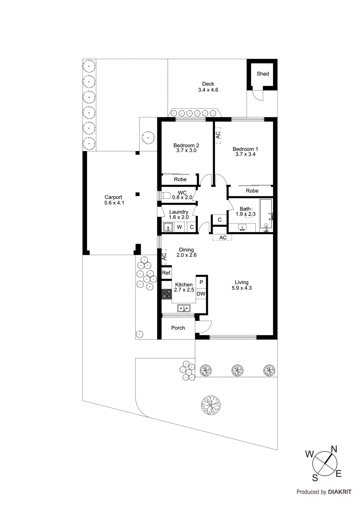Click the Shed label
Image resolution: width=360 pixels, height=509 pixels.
point(263,74)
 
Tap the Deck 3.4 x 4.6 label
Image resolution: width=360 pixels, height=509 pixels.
point(208,87)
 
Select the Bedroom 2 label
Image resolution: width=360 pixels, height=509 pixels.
point(186,145)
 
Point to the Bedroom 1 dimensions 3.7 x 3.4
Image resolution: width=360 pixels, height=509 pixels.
point(245,154)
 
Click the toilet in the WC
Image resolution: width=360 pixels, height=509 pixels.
point(166,195)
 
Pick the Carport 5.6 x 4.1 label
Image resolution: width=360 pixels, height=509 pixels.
point(114,200)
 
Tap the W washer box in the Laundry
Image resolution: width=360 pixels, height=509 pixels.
point(180,227)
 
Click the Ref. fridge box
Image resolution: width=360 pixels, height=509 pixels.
point(166,273)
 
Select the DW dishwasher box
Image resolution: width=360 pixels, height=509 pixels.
point(201,294)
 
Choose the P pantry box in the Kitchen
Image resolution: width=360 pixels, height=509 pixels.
point(201,282)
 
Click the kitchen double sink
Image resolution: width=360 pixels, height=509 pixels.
point(184,308)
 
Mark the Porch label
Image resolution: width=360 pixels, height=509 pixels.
point(178,328)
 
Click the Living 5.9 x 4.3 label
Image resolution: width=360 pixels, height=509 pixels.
point(242,285)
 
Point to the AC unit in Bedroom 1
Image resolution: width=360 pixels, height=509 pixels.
point(218,135)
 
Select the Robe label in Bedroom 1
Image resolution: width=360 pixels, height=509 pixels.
point(252,191)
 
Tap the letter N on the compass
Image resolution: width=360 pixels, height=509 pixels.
point(334,449)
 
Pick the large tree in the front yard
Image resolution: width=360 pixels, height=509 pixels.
point(211,405)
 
